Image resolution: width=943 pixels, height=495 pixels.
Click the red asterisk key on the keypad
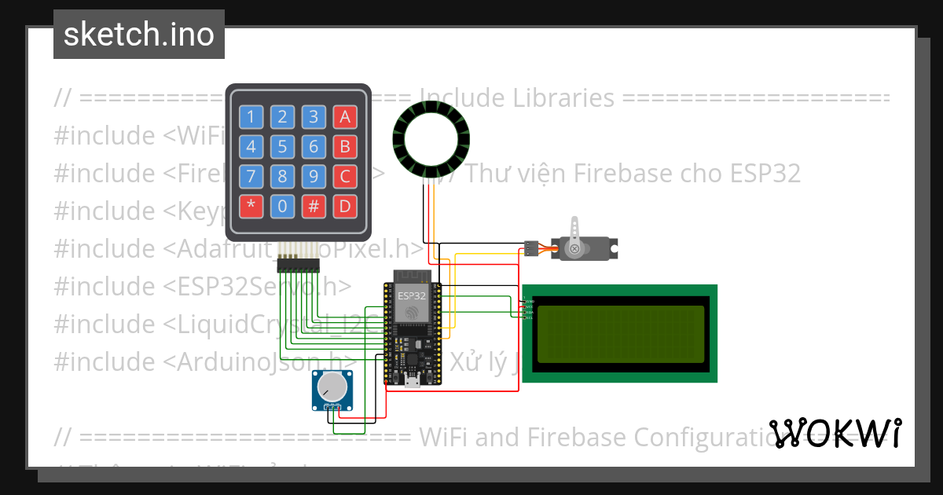251,206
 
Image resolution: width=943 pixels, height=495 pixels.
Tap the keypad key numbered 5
282,147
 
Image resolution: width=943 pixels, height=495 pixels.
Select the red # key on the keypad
314,206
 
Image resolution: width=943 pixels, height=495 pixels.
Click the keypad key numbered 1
251,118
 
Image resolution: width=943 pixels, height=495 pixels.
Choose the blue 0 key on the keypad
282,206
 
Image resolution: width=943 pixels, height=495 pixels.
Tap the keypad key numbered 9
314,176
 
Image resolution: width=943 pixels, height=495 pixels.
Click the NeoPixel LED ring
431,142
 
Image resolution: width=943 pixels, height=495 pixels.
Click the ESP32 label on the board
412,296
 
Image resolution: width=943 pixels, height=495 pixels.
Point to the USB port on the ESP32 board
411,383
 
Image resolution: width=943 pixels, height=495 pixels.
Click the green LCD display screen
620,333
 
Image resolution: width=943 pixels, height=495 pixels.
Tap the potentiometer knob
332,387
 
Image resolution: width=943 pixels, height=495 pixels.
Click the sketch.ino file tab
139,35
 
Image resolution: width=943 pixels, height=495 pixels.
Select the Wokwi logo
835,433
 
